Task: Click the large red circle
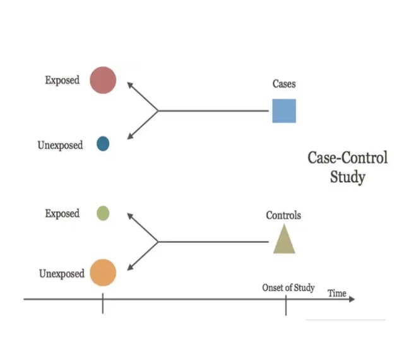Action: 103,80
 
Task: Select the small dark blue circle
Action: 103,144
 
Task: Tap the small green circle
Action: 103,213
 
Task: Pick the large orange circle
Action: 103,273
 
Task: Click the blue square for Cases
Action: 284,110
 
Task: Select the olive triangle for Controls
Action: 284,240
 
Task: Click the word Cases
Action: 284,84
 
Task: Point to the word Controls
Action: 283,216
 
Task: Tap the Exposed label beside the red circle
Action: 62,81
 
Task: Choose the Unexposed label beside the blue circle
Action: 60,146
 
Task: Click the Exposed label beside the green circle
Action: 62,214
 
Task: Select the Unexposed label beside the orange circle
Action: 61,274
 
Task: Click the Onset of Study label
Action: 288,288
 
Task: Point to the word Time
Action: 336,293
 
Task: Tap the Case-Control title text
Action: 347,158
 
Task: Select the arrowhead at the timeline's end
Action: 351,299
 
